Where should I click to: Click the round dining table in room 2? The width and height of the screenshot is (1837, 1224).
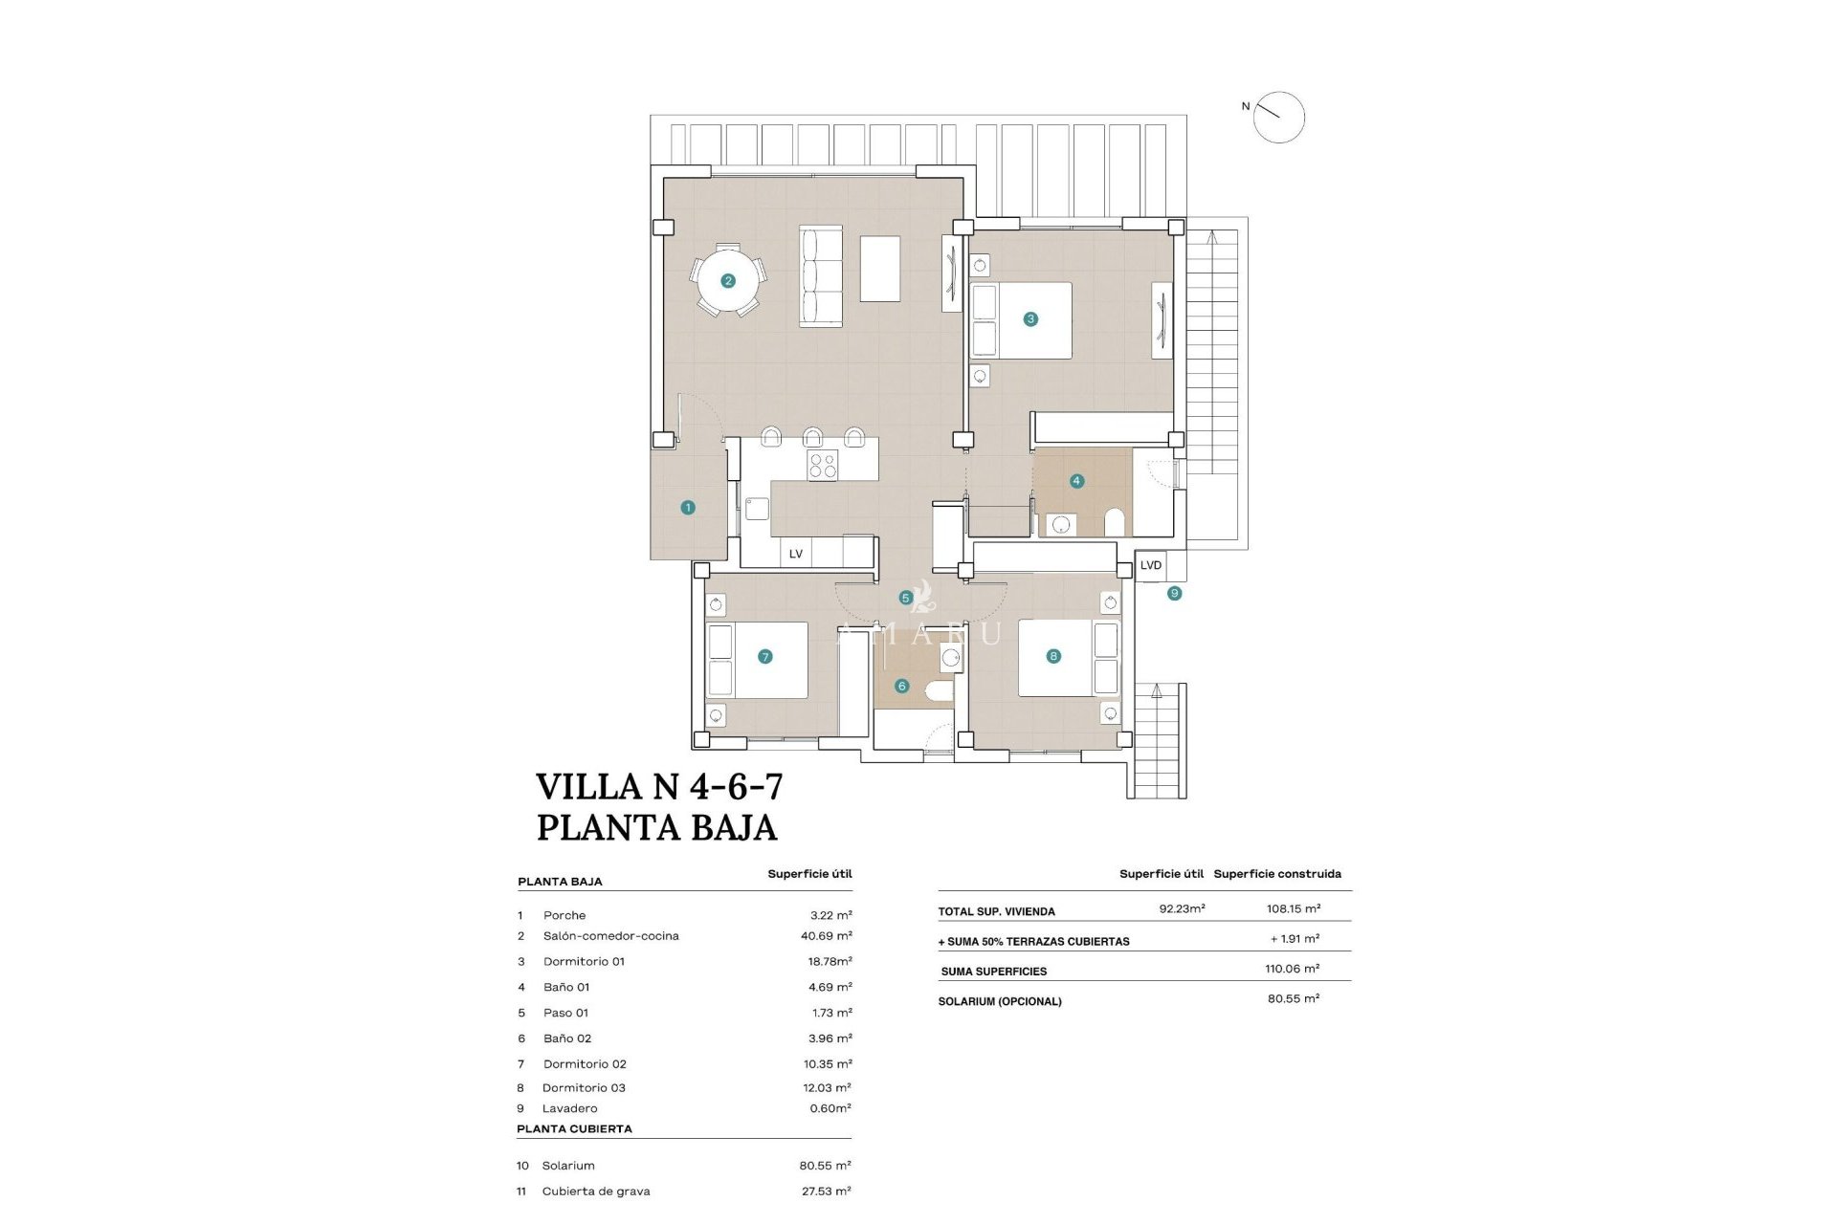pos(729,280)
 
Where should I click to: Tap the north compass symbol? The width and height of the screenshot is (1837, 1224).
pos(1278,118)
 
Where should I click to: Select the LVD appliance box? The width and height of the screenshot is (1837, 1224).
pos(1151,565)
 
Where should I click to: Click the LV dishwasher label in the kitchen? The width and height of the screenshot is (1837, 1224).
pos(796,554)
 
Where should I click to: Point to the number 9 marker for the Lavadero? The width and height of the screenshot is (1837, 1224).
pos(1174,593)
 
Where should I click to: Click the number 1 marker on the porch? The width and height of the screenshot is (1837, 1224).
pos(688,508)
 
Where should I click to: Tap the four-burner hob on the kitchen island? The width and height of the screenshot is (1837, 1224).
pos(823,466)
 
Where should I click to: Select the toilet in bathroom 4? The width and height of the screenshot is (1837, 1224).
pos(1114,522)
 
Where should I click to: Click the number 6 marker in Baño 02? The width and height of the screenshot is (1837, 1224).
pos(901,686)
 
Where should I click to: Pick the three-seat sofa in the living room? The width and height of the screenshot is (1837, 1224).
pos(821,276)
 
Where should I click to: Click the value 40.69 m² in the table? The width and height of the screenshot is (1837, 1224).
pos(826,936)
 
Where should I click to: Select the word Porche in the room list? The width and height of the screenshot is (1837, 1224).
pos(564,915)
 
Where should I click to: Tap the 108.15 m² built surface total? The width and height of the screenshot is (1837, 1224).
pos(1293,908)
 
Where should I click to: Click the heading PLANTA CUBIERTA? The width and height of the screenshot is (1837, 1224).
pos(574,1128)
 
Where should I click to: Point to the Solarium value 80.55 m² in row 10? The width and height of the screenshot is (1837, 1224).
pos(825,1166)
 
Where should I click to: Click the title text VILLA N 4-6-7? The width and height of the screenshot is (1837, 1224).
pos(659,787)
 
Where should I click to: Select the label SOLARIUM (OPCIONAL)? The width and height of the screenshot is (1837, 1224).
pos(1000,1001)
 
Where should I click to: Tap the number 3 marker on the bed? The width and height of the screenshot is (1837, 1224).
pos(1030,319)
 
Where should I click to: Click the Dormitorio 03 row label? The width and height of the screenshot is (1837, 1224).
pos(584,1087)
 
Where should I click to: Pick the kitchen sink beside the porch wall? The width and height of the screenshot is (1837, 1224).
pos(757,508)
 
